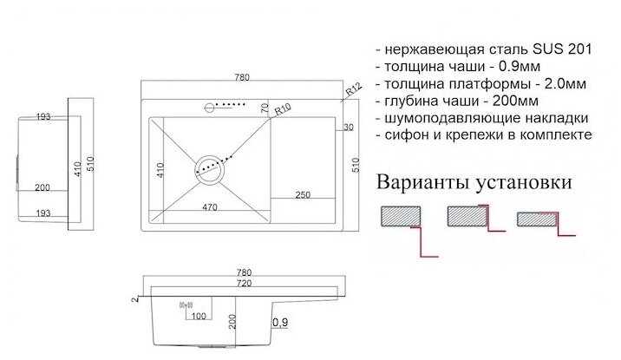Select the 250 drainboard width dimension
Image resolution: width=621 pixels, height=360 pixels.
coord(304,193)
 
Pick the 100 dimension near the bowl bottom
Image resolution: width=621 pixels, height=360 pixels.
coord(199,315)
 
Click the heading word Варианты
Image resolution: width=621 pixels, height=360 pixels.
coord(421,183)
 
